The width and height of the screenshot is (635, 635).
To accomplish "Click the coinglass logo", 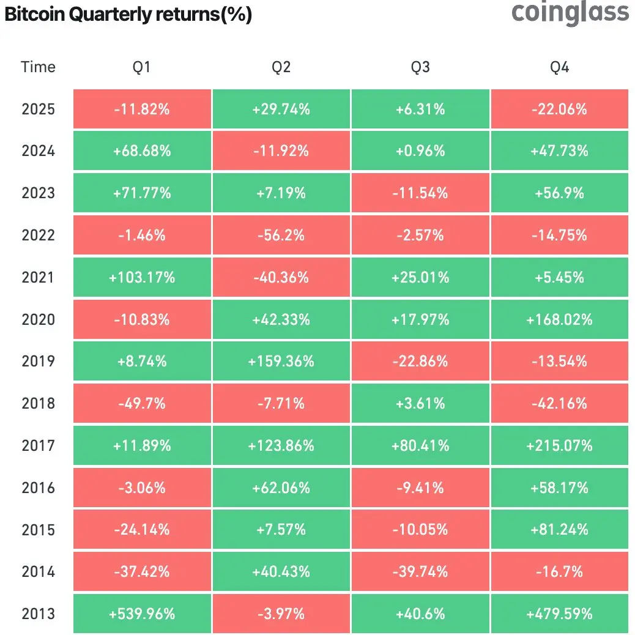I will click(x=570, y=13).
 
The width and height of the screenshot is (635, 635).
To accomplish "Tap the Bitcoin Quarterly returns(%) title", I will click(x=128, y=15).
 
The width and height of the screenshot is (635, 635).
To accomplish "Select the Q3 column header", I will click(x=420, y=67).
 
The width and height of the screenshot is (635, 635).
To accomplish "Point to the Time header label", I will click(x=38, y=67).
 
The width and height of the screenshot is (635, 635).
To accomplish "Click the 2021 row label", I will click(x=38, y=278).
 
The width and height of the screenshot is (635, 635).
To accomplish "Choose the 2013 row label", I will click(x=38, y=614).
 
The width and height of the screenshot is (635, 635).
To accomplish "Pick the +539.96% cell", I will click(x=142, y=614).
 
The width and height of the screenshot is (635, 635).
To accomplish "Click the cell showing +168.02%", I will click(x=559, y=320).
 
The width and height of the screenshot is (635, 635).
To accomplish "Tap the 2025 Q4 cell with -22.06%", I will click(x=559, y=110).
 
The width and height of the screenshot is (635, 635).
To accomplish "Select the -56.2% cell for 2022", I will click(x=281, y=236).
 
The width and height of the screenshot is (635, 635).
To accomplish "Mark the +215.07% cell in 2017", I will click(x=559, y=446).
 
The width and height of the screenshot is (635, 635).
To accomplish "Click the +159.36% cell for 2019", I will click(x=281, y=362).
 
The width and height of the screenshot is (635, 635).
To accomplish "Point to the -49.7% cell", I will click(x=142, y=404).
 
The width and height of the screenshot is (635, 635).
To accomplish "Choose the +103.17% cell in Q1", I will click(x=142, y=278).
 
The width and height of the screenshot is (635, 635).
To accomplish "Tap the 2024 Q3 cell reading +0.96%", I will click(x=420, y=151).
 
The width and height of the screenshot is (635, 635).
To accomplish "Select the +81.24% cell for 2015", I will click(x=559, y=530).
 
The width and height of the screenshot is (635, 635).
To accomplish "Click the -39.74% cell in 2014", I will click(x=420, y=572).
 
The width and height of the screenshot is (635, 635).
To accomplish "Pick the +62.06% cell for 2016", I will click(x=281, y=488).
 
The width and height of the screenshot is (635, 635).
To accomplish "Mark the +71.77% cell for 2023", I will click(x=142, y=193).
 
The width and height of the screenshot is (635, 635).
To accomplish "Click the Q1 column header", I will click(x=142, y=67).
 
